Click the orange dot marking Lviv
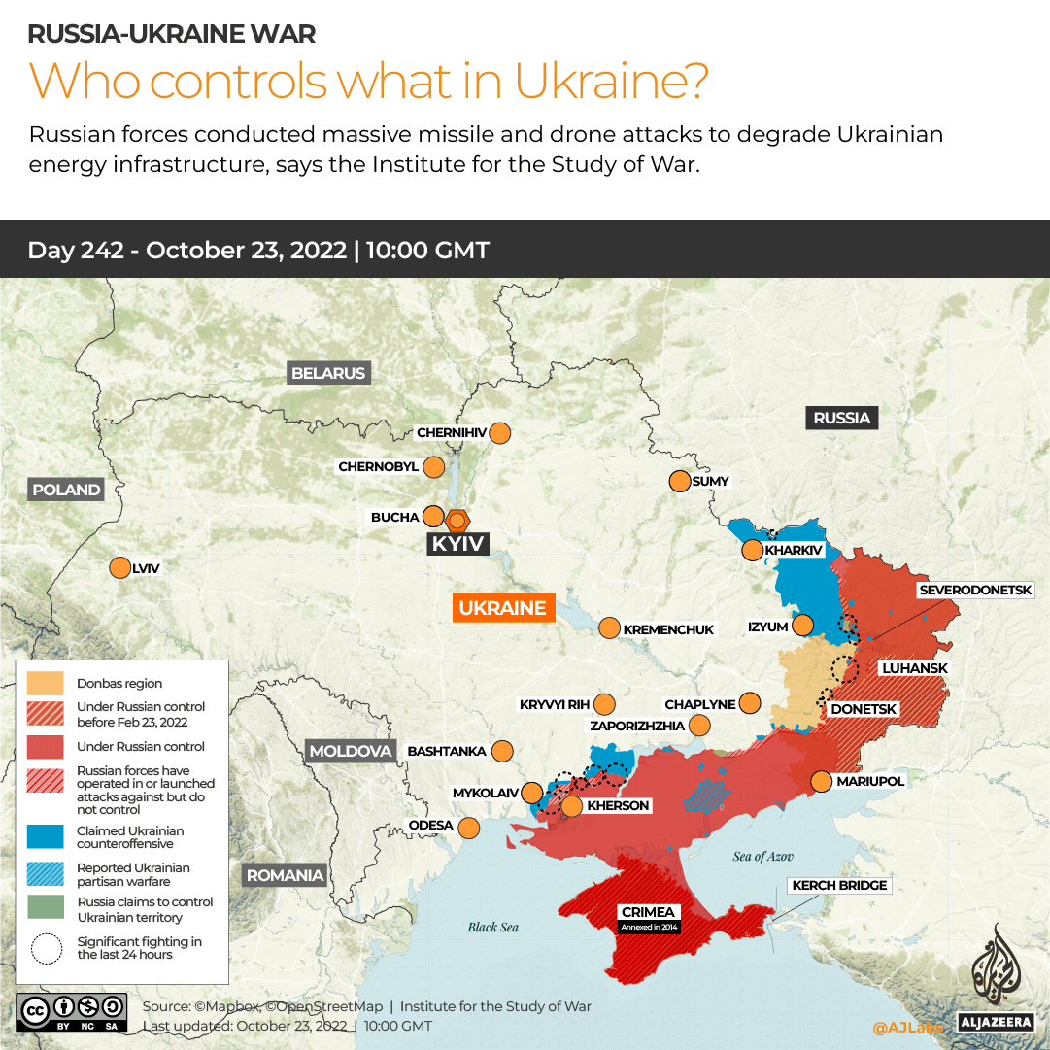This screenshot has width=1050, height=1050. [120, 568]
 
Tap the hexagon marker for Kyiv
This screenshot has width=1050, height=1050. [457, 520]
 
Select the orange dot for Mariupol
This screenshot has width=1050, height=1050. [821, 781]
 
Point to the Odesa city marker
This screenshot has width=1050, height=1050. [468, 828]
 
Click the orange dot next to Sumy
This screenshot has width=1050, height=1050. [679, 481]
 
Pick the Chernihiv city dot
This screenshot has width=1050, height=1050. [500, 432]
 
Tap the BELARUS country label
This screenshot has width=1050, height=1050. [328, 373]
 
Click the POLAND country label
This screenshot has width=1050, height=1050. [66, 490]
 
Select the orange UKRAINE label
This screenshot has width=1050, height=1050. [502, 608]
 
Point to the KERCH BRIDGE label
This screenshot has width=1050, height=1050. [840, 885]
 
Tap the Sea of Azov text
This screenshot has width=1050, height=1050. [763, 857]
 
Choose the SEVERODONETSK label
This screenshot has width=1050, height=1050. [983, 590]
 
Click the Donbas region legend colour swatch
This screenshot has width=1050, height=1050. [46, 683]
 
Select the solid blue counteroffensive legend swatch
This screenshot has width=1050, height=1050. [46, 836]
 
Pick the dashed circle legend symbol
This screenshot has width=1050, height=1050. [46, 947]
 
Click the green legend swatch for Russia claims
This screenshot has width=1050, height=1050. [46, 909]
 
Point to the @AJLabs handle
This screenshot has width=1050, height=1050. [907, 1026]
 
